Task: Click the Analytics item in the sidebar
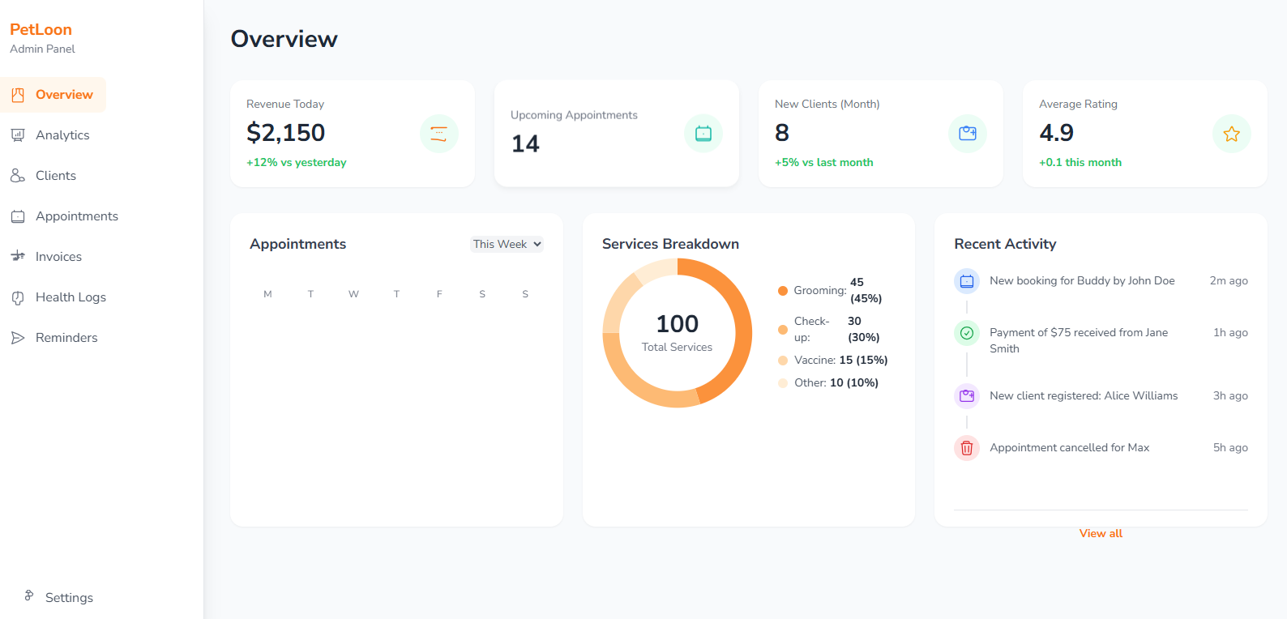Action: pos(62,135)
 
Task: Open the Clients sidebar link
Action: pos(55,176)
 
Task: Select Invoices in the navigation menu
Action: pos(58,257)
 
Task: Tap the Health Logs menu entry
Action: pos(71,297)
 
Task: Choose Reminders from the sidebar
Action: pos(66,338)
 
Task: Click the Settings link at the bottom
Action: pos(68,598)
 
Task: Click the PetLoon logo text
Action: pos(41,30)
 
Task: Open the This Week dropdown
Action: pos(507,244)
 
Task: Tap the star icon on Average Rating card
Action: pos(1231,134)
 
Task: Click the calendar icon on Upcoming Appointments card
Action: pos(703,134)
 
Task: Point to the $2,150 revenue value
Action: pos(285,133)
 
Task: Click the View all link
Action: pos(1101,533)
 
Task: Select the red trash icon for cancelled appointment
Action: pos(966,448)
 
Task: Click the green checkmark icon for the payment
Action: pos(966,333)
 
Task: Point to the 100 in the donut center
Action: pos(677,324)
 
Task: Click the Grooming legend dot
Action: pos(783,291)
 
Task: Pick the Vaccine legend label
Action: pos(815,360)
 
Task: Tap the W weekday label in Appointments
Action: pos(353,294)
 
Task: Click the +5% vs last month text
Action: pos(823,163)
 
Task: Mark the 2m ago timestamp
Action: pos(1228,281)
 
